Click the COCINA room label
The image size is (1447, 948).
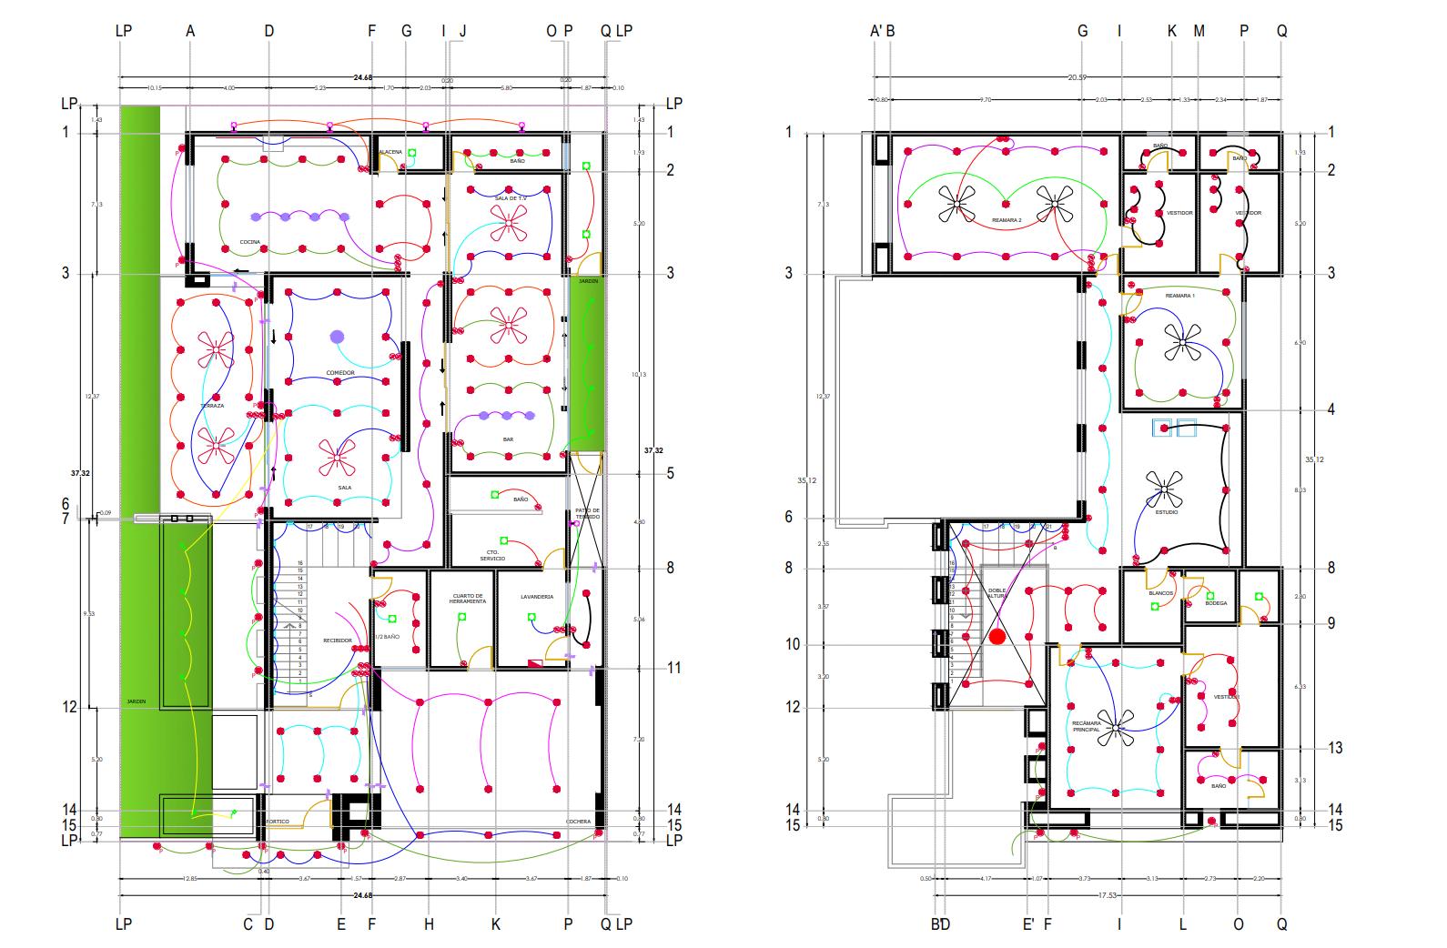[249, 242]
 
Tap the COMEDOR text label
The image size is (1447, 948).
[339, 373]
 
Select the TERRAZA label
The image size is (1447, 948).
[212, 406]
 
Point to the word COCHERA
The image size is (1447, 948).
[578, 822]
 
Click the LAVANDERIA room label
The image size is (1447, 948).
[537, 597]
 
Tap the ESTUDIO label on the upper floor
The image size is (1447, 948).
[1167, 512]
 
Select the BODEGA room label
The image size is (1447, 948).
[1216, 603]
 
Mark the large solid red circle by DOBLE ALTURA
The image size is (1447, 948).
[997, 637]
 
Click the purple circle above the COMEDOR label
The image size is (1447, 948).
[338, 337]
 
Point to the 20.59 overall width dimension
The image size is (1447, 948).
[1077, 77]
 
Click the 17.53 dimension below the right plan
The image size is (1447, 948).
[1107, 895]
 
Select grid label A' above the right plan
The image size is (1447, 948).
[876, 31]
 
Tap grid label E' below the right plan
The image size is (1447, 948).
[1028, 924]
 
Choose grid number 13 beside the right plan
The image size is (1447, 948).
[1335, 748]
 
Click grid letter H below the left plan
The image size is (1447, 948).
[429, 924]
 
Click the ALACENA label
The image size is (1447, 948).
[390, 152]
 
